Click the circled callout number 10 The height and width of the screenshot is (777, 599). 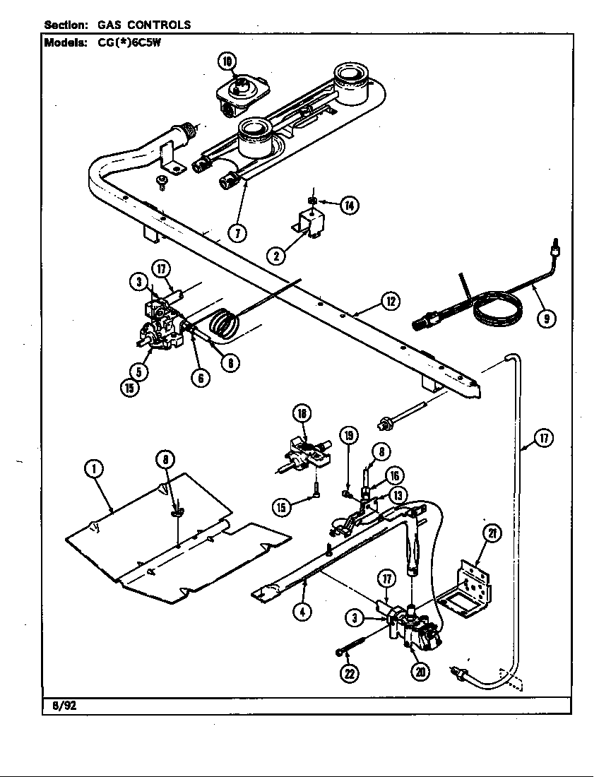[227, 62]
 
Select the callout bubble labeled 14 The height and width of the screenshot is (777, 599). [349, 206]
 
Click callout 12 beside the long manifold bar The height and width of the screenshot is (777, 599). [390, 302]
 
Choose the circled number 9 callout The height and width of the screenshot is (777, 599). [544, 319]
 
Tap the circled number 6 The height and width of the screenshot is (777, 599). [201, 378]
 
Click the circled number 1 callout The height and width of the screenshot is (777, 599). [93, 468]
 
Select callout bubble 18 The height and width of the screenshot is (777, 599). [302, 414]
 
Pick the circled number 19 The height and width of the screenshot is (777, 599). [348, 435]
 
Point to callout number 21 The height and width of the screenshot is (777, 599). [492, 534]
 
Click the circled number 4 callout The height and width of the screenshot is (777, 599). [302, 612]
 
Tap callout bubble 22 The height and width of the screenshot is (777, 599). [348, 673]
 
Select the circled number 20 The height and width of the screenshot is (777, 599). [421, 672]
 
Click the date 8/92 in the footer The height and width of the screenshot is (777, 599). [64, 705]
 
